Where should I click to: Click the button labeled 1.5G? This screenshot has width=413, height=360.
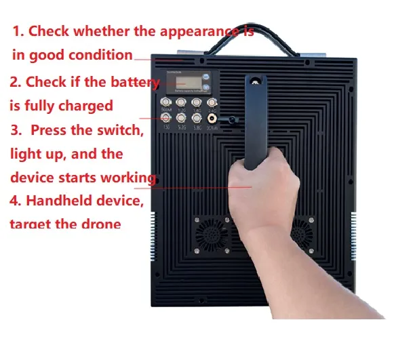pyautogui.click(x=165, y=117)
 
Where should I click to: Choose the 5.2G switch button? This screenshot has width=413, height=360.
pyautogui.click(x=181, y=117)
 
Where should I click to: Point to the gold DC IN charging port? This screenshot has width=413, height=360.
pyautogui.click(x=213, y=118)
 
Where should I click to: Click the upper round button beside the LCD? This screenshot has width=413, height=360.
pyautogui.click(x=205, y=76)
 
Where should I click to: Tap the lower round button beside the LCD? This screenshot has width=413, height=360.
pyautogui.click(x=205, y=87)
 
